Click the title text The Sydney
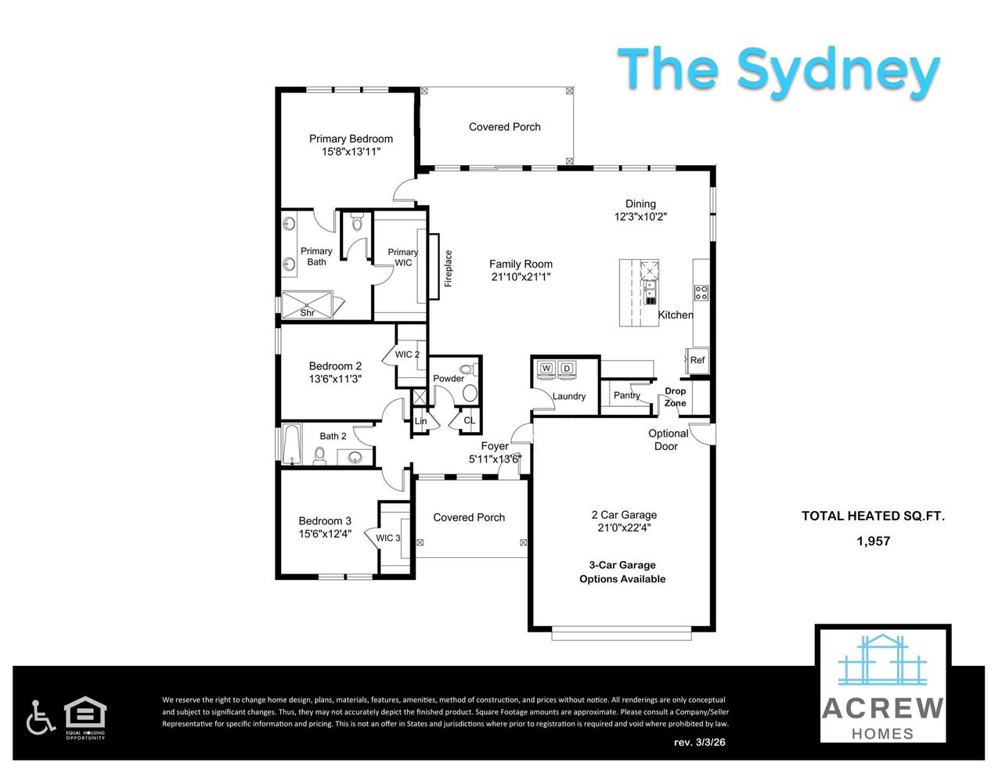coord(778,70)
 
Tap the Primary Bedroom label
coord(351,139)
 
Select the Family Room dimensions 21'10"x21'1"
coord(521,277)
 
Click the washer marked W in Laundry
coord(546,369)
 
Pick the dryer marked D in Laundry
coord(568,369)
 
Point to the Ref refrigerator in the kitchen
coord(697,360)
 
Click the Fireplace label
coord(449,268)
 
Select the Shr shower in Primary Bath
coord(307,305)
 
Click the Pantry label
coord(626,395)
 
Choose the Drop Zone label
coord(675,397)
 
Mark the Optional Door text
coord(668,440)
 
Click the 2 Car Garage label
coord(624,515)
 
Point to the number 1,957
coord(873,541)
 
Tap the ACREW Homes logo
coord(882,686)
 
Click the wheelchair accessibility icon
coord(40,718)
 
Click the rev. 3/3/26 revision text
coord(699,742)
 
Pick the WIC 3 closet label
coord(387,538)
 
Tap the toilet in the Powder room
coord(468,370)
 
